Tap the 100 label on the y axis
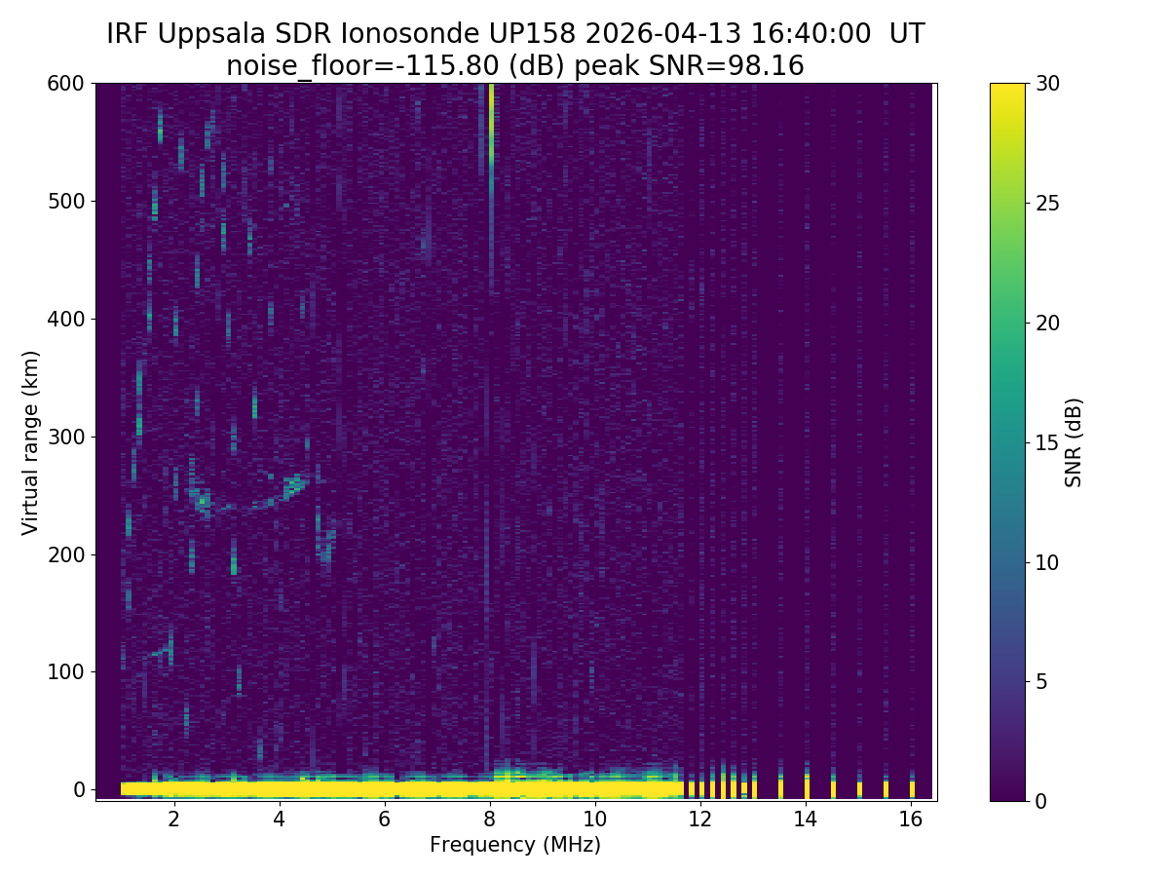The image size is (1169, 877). [69, 672]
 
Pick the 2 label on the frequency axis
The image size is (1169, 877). [174, 819]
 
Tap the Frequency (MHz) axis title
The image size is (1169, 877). [515, 845]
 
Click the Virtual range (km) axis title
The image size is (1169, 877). [30, 442]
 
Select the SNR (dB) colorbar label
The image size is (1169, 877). [1074, 442]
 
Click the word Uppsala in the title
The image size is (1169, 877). [213, 34]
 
